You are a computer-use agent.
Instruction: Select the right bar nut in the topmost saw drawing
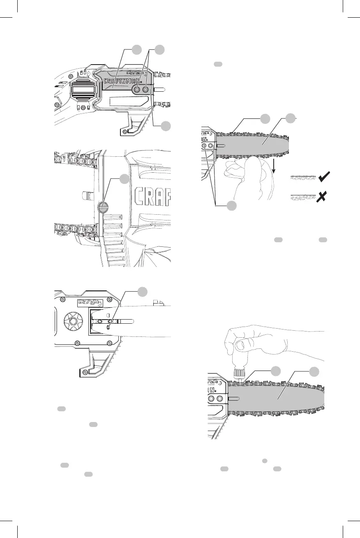coord(145,89)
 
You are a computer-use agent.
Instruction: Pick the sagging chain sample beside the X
coord(302,198)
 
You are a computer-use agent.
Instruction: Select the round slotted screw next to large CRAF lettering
coord(103,207)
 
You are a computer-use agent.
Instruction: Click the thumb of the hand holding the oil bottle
coord(238,342)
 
